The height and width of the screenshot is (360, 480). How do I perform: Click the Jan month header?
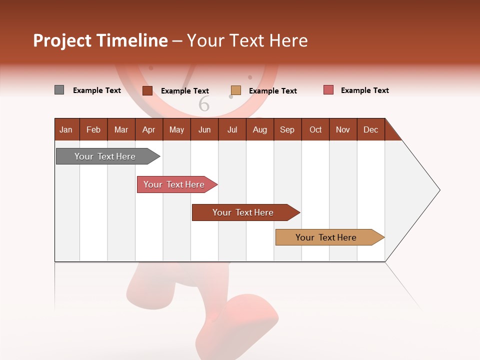click(x=66, y=129)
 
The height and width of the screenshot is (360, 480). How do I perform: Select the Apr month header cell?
click(x=149, y=129)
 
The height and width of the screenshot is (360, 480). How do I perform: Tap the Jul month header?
click(x=232, y=129)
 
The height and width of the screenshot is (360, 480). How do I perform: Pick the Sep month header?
click(x=287, y=129)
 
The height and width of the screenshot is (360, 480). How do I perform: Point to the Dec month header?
click(x=371, y=129)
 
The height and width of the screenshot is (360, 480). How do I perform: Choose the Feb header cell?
click(x=93, y=129)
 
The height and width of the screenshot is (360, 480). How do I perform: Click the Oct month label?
click(x=315, y=129)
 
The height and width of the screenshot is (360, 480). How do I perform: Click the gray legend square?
click(x=59, y=90)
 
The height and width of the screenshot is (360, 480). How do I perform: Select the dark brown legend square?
click(x=147, y=90)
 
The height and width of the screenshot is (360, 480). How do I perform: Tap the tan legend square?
click(x=236, y=90)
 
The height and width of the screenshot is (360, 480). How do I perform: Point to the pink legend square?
click(x=328, y=90)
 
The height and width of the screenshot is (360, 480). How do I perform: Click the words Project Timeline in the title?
click(x=100, y=40)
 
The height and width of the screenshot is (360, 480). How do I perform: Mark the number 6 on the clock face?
click(x=204, y=104)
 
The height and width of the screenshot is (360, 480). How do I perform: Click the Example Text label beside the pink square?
click(x=364, y=90)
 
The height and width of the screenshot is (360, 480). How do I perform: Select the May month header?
click(x=176, y=129)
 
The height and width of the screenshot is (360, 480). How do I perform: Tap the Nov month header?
click(x=343, y=129)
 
